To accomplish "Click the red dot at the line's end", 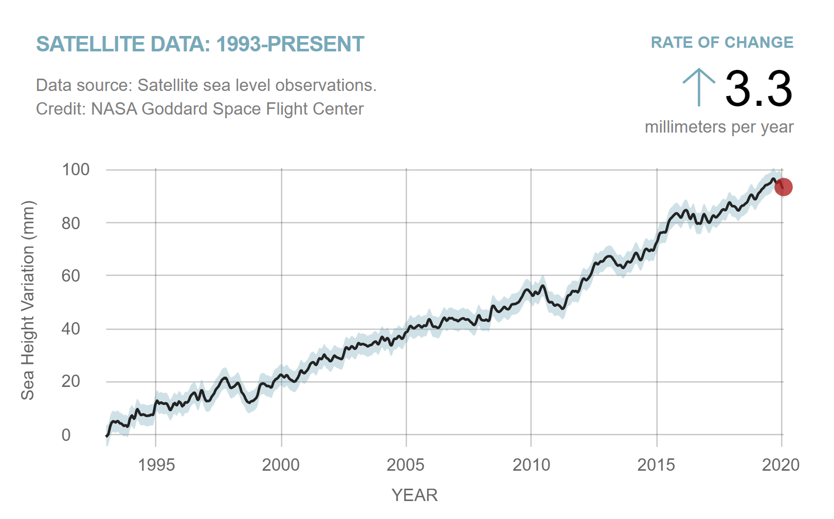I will coord(783,187).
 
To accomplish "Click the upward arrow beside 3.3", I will coord(699,87).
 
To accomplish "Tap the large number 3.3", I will coord(758,89).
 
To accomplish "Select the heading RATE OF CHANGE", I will coord(722,43).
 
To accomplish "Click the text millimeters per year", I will coord(719,127).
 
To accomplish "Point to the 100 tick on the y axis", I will coord(76,170).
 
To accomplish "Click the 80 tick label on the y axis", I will coord(70,223).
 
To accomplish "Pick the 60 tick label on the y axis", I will coord(70,276).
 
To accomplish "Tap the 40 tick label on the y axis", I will coord(70,329).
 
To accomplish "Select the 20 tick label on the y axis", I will coord(70,382).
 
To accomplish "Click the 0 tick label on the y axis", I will coord(66,435).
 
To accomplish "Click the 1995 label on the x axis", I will coord(156,465).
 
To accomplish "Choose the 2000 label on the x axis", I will coord(281,465).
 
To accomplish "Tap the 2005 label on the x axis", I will coord(406,465).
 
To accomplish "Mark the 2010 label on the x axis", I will coord(531,465).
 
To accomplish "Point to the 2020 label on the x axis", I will coord(781,465).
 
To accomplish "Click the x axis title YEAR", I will coord(414,495).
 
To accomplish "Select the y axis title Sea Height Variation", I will coord(28,301).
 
